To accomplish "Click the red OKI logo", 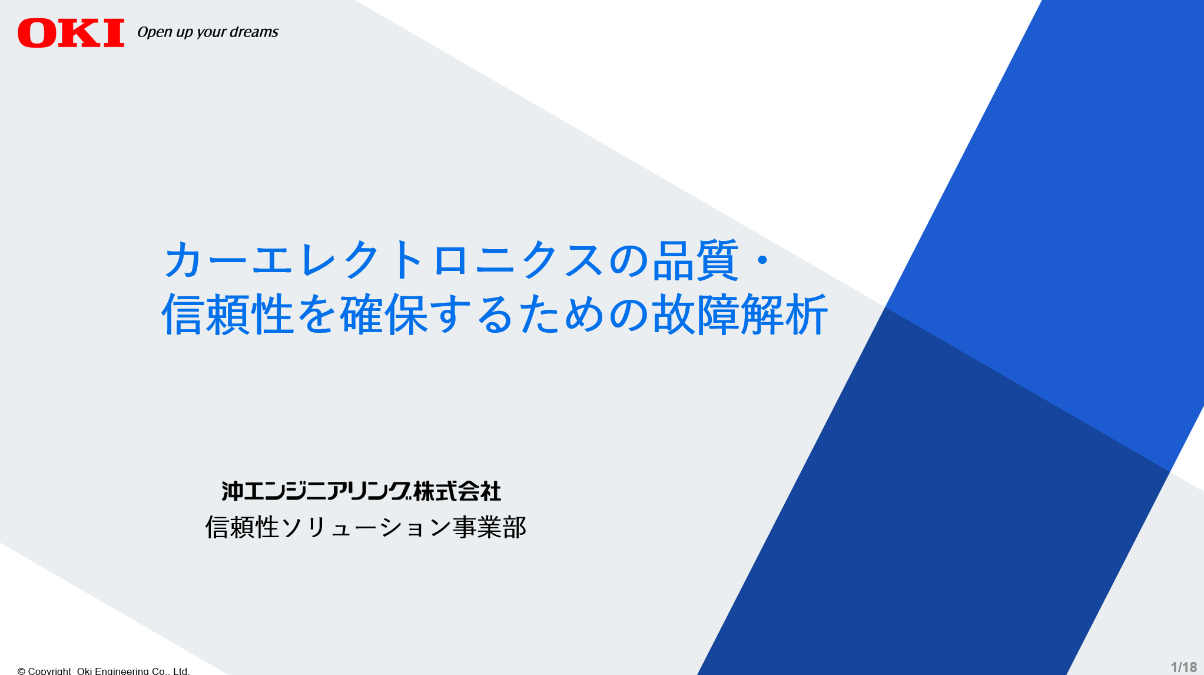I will pyautogui.click(x=71, y=32).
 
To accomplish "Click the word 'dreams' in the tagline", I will pyautogui.click(x=254, y=32).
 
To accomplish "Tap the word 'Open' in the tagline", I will pyautogui.click(x=155, y=32).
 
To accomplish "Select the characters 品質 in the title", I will pyautogui.click(x=695, y=260).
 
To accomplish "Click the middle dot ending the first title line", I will pyautogui.click(x=762, y=260).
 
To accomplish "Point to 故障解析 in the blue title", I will pyautogui.click(x=740, y=315).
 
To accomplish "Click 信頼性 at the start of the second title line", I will pyautogui.click(x=228, y=315).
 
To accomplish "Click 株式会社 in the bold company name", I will pyautogui.click(x=457, y=491).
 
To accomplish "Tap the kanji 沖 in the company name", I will pyautogui.click(x=232, y=491).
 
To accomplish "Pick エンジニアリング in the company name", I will pyautogui.click(x=327, y=491).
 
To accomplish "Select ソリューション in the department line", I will pyautogui.click(x=366, y=527).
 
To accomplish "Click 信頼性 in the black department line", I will pyautogui.click(x=242, y=527).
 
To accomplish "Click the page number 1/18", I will pyautogui.click(x=1183, y=667).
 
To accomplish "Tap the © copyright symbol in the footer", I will pyautogui.click(x=21, y=671).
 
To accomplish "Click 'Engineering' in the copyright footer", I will pyautogui.click(x=122, y=671).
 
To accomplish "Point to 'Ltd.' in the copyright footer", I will pyautogui.click(x=181, y=671).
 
